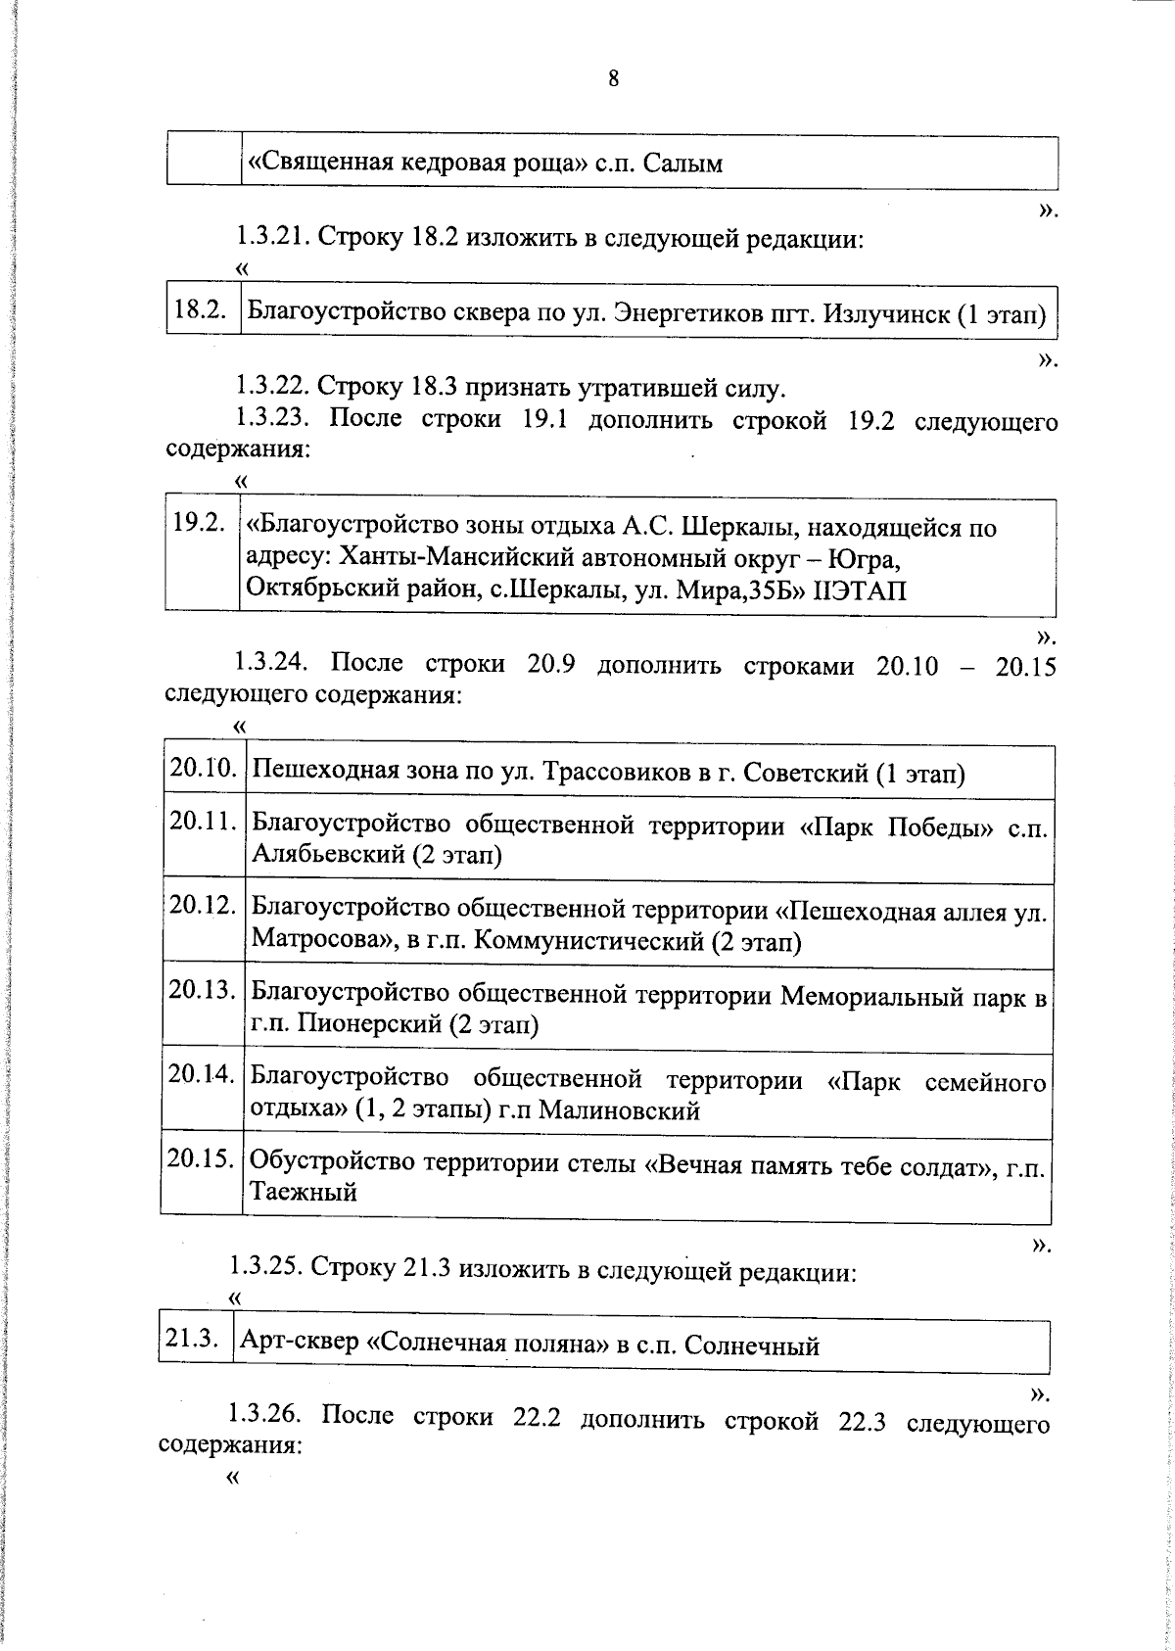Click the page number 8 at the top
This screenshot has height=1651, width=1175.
[x=614, y=79]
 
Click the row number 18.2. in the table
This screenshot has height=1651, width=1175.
[x=201, y=310]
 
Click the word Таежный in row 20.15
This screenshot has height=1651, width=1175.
[x=304, y=1192]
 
